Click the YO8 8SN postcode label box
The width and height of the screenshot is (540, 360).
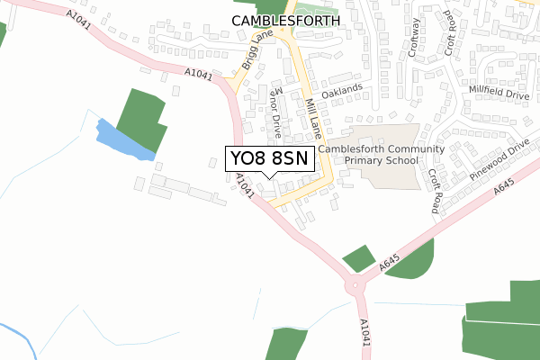tap(269, 159)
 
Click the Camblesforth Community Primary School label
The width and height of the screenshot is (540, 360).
tap(368, 155)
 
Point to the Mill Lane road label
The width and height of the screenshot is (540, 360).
tap(311, 118)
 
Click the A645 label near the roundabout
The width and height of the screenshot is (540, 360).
tap(389, 263)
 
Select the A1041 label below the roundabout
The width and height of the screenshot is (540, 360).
tap(364, 332)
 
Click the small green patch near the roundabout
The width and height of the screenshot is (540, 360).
tap(360, 257)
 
